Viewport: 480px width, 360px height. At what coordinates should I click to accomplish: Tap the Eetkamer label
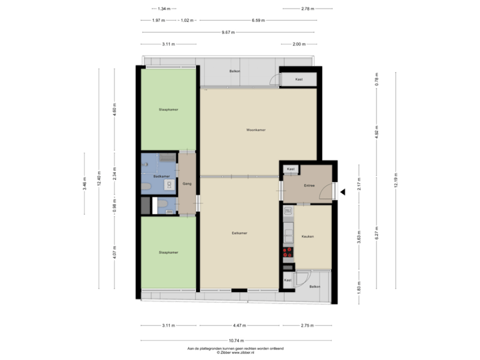click(240, 233)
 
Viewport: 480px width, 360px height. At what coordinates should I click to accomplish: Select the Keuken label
click(307, 237)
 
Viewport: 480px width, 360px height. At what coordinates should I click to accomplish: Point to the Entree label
click(309, 185)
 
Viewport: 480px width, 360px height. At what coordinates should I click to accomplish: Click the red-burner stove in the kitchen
click(288, 252)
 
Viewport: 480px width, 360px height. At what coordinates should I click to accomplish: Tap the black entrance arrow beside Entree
click(343, 192)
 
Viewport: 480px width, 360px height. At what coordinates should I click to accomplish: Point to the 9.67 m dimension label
click(227, 32)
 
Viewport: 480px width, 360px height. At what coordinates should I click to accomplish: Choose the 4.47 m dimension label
click(239, 325)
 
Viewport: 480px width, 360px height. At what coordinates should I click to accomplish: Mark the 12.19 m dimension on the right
click(395, 179)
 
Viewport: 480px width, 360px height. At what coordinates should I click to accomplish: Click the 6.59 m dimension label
click(258, 20)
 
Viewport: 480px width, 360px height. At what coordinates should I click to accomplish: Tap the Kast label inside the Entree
click(290, 169)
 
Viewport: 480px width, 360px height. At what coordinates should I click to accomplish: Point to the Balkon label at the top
click(235, 71)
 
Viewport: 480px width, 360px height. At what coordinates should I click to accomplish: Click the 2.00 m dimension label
click(298, 45)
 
